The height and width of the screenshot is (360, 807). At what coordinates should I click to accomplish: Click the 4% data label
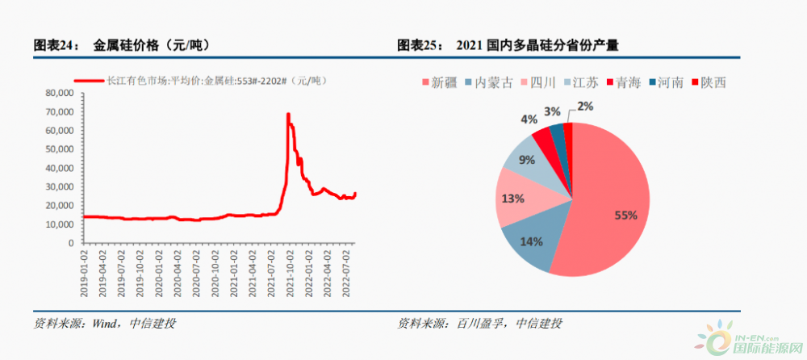tap(529, 119)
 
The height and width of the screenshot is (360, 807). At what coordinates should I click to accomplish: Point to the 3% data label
tap(552, 111)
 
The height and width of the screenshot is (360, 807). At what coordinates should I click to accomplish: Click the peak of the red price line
tap(288, 114)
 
